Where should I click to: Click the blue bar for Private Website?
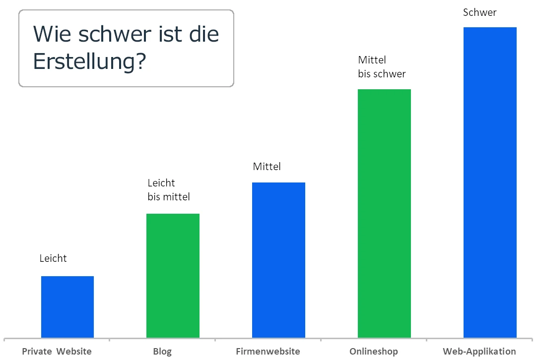[67, 306]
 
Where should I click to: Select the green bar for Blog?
[173, 276]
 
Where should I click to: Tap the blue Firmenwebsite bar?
[278, 260]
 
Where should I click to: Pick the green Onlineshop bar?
[384, 213]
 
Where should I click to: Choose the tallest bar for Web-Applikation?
[490, 182]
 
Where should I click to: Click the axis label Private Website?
[57, 352]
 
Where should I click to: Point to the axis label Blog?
[162, 352]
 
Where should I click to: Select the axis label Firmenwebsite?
[268, 352]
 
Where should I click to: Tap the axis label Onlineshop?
[374, 352]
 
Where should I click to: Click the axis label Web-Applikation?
[479, 352]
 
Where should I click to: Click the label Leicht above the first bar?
[53, 258]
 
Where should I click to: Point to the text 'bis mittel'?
[169, 197]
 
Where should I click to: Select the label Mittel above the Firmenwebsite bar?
[267, 167]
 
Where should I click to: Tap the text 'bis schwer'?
[382, 74]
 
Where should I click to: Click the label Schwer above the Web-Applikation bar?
[479, 13]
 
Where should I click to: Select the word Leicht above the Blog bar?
[161, 183]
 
